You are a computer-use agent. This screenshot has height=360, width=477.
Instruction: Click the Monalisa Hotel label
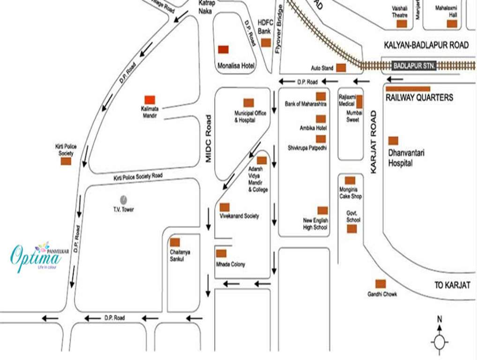tap(236, 66)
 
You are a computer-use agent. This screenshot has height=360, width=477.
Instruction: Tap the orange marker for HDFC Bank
tap(266, 43)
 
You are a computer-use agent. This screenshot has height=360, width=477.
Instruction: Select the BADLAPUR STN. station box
tap(414, 66)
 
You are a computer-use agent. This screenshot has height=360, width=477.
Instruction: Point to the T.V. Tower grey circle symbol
tap(123, 199)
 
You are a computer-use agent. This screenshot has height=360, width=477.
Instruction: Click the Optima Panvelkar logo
tap(36, 256)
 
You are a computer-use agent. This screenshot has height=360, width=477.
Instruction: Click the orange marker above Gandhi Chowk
tap(380, 284)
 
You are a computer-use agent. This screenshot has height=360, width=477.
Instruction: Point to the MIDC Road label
tap(209, 139)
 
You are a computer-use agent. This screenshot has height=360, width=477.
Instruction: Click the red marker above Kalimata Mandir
tap(149, 99)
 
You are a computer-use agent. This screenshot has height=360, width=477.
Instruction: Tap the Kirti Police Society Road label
tap(138, 177)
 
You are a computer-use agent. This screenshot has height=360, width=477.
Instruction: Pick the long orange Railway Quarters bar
tap(408, 88)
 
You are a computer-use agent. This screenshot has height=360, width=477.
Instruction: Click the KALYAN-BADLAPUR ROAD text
tap(426, 45)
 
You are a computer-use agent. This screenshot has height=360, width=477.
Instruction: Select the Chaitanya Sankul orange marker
tap(175, 242)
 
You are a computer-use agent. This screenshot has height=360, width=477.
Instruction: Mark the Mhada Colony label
tap(231, 264)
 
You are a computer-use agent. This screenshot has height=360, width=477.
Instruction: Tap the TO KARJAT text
tap(452, 285)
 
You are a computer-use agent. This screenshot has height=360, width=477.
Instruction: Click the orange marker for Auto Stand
tap(341, 67)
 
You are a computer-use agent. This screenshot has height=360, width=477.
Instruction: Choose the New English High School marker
tap(322, 210)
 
